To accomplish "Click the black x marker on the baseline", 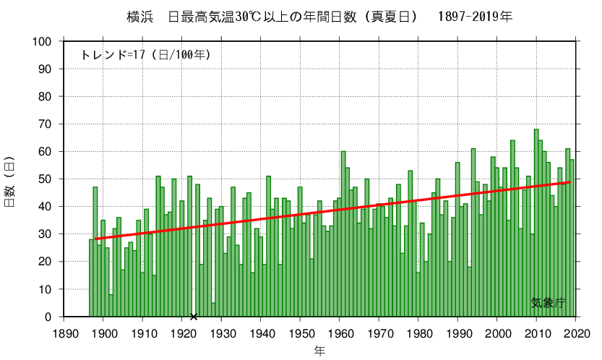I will click(x=193, y=317).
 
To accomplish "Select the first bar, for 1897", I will click(x=91, y=278).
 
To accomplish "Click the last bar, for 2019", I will click(x=572, y=238).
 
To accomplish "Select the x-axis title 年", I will click(x=319, y=351).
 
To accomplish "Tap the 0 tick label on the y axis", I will click(x=48, y=317).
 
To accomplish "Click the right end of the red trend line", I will click(x=571, y=182).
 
